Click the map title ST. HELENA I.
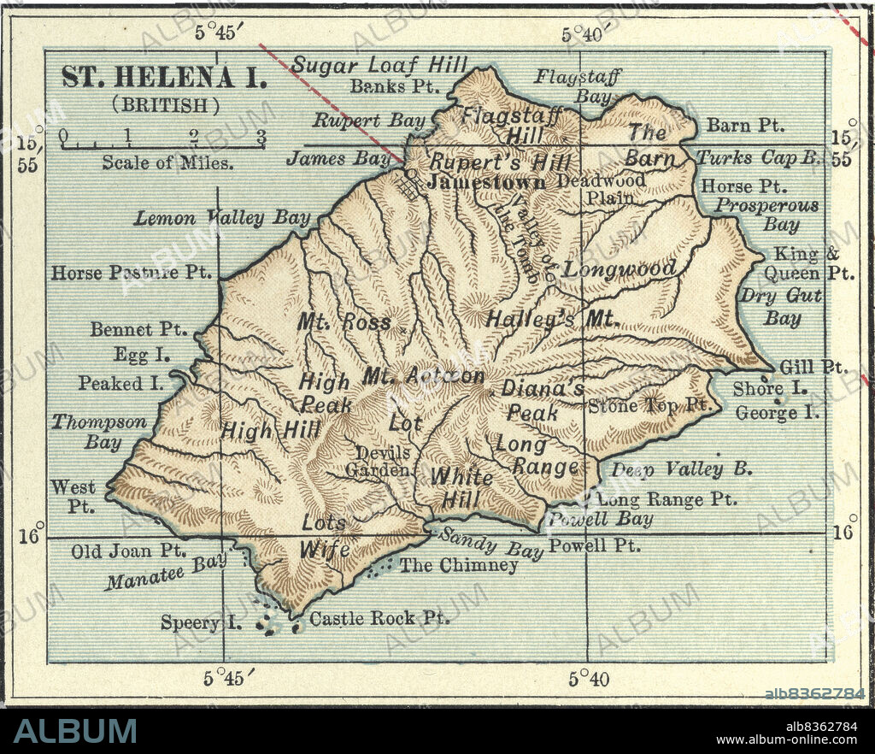pos(164,76)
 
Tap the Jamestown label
pos(487,182)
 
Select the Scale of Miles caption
pos(168,162)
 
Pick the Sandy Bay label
pos(490,544)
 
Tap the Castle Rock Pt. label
pos(379,617)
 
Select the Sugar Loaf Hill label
pos(379,64)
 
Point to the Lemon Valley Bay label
pos(222,218)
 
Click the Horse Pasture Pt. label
pos(132,273)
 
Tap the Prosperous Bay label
pos(766,215)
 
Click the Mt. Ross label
pos(344,322)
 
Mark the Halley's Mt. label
pos(551,320)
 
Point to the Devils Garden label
pos(383,461)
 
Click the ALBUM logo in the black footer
pos(75,731)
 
